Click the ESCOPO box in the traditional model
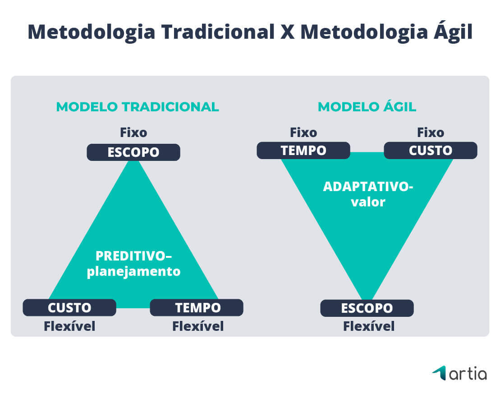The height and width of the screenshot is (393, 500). tap(133, 152)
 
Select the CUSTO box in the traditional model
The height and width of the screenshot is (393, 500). tap(69, 308)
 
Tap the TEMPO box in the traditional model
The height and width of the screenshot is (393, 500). tap(197, 308)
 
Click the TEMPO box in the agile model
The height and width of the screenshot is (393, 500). tap(303, 151)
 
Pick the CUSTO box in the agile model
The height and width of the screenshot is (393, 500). tap(431, 151)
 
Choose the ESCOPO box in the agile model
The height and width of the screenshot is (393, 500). tap(367, 308)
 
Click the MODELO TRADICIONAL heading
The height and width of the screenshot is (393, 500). tap(138, 107)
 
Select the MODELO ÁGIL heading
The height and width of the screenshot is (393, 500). tap(367, 107)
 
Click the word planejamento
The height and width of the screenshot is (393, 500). tap(134, 272)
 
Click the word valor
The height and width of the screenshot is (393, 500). tap(368, 201)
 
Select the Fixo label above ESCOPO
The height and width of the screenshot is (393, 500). tap(133, 133)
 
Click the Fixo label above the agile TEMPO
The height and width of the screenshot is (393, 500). tap(303, 133)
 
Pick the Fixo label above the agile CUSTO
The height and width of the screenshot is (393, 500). tap(431, 133)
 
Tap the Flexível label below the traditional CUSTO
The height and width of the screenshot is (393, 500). tap(69, 326)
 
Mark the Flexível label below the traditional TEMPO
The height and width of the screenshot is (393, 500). tap(198, 326)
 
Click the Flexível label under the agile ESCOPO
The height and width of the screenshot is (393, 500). tap(369, 326)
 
